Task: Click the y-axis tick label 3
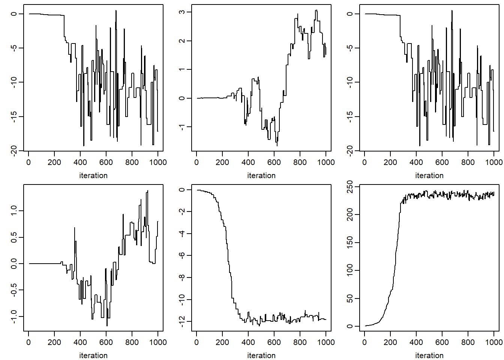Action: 182,12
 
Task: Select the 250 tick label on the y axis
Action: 350,186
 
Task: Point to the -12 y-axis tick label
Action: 182,321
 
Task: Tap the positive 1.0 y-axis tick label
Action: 14,211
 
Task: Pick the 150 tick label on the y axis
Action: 350,243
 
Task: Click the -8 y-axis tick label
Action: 182,277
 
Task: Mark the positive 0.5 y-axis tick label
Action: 14,237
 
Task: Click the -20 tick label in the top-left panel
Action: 14,151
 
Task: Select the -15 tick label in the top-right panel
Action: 350,117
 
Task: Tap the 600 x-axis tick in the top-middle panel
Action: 274,162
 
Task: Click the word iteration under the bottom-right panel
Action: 429,355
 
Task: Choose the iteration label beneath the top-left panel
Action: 93,175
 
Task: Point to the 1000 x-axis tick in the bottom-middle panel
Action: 326,342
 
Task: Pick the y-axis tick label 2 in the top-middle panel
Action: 182,41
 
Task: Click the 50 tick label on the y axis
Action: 350,298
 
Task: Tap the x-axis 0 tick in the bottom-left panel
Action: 28,342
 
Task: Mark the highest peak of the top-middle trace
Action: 316,10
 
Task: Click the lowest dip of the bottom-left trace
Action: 107,326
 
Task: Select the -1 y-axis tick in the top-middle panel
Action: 182,127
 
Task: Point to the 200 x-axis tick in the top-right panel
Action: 390,162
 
